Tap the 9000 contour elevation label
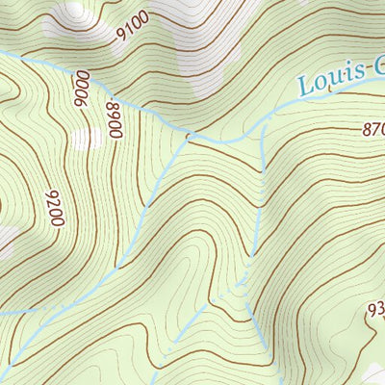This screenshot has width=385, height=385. pos(82,90)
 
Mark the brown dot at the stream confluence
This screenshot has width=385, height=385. pos(190,136)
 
